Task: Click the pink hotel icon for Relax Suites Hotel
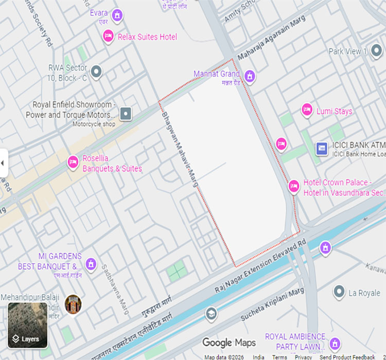[x=108, y=36]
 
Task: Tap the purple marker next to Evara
[x=118, y=15]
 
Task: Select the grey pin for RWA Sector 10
[x=96, y=71]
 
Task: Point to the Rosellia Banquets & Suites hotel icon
[x=73, y=163]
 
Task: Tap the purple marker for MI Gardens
[x=91, y=264]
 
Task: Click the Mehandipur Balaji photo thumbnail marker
[x=73, y=303]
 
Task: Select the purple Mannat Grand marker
[x=250, y=76]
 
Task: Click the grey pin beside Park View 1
[x=376, y=51]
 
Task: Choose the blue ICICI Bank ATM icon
[x=322, y=148]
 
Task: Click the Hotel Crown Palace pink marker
[x=294, y=186]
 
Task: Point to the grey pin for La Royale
[x=339, y=292]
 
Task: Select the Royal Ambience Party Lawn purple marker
[x=335, y=343]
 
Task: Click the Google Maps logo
[x=229, y=343]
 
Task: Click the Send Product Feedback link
[x=347, y=357]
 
